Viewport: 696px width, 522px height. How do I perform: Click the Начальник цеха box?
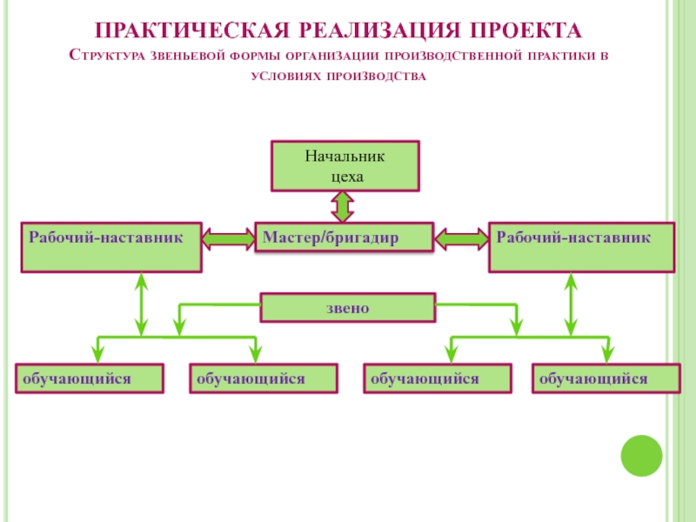(x=345, y=166)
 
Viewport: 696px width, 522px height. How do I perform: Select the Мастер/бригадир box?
(x=344, y=237)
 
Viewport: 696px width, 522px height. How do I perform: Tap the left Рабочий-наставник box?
(x=111, y=247)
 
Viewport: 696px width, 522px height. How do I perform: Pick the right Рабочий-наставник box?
(x=581, y=247)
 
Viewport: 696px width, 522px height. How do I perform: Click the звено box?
(x=347, y=307)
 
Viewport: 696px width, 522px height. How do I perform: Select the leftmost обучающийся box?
(x=90, y=378)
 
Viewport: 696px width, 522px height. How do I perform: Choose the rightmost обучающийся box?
(x=606, y=378)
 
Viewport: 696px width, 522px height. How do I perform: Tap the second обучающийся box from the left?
(x=264, y=378)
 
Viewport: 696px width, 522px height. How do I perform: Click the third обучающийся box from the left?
(x=438, y=378)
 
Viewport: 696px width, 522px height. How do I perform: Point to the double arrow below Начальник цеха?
(x=343, y=207)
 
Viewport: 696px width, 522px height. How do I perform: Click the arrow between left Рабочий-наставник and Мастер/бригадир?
(x=229, y=238)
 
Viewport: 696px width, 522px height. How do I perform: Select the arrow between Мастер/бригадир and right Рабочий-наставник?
(x=462, y=238)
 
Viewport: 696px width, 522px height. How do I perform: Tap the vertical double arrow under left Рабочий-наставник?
(x=141, y=304)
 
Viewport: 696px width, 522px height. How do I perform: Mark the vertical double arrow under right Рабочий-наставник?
(x=571, y=304)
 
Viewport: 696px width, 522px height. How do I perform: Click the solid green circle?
(x=641, y=456)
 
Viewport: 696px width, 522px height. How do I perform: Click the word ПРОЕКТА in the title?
(x=525, y=30)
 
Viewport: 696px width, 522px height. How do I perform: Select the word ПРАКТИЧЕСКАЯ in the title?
(x=191, y=30)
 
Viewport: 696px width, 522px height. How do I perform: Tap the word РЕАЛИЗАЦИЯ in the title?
(x=379, y=30)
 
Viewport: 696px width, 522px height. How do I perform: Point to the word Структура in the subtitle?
(x=106, y=56)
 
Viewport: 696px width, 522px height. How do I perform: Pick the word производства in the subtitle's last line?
(x=376, y=77)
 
